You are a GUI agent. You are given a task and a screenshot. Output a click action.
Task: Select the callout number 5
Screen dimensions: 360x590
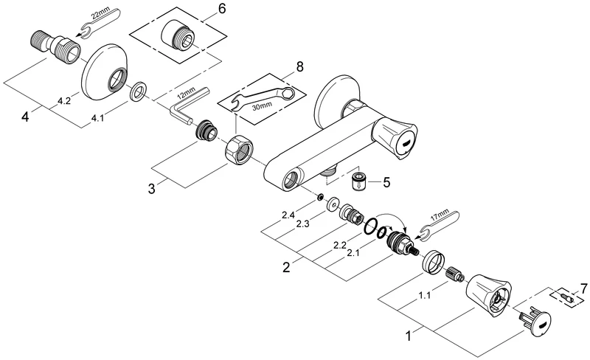click(x=387, y=180)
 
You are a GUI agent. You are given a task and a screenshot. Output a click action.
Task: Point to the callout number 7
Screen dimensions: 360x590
click(x=584, y=287)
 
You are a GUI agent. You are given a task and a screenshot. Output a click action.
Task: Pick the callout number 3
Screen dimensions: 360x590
click(x=151, y=188)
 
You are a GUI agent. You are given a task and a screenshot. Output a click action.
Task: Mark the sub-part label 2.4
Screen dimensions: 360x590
click(x=288, y=215)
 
